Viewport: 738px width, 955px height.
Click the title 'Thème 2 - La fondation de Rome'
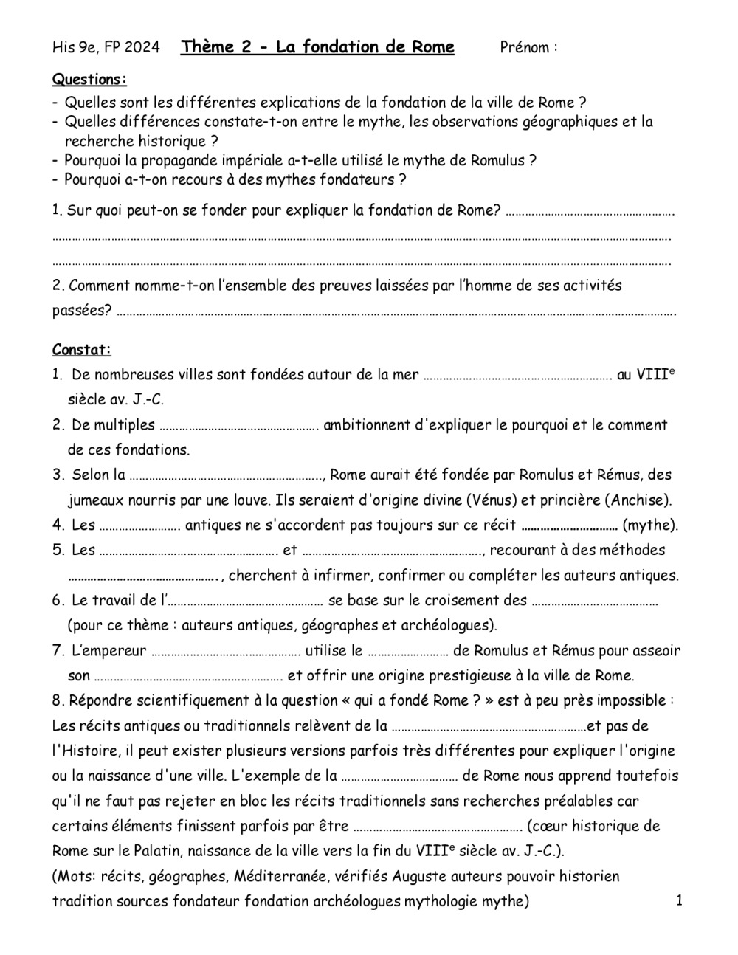click(318, 48)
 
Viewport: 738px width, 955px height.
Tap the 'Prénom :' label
click(528, 48)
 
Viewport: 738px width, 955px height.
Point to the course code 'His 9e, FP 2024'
click(106, 48)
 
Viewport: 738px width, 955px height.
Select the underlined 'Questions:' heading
click(89, 80)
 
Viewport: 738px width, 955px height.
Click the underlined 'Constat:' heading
click(82, 350)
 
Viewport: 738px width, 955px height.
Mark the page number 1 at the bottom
click(679, 900)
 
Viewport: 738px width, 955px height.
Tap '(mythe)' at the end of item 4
click(650, 525)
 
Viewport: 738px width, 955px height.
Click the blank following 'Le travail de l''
click(246, 601)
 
